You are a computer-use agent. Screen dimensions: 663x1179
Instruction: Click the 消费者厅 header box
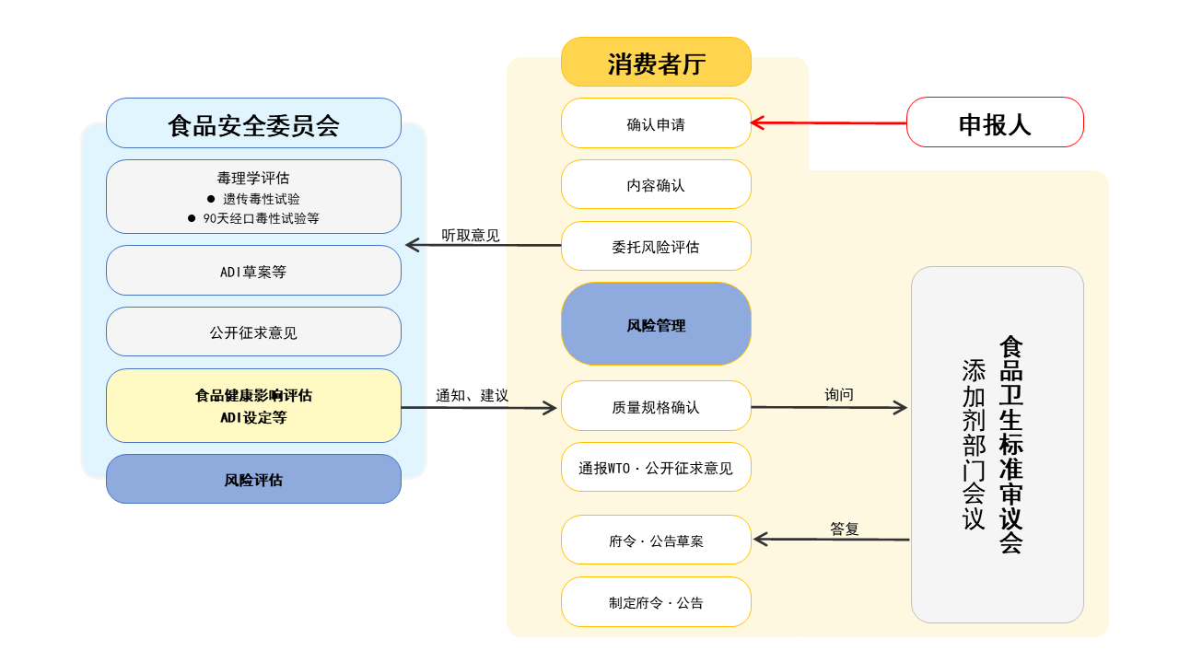pyautogui.click(x=656, y=63)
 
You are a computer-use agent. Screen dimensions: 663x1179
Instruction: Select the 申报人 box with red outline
pyautogui.click(x=995, y=122)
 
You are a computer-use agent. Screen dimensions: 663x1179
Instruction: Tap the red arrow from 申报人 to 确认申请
pyautogui.click(x=829, y=122)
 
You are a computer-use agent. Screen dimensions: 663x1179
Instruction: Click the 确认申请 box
pyautogui.click(x=656, y=123)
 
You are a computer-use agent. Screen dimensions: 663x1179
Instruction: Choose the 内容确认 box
pyautogui.click(x=656, y=185)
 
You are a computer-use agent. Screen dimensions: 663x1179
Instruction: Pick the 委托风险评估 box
pyautogui.click(x=656, y=247)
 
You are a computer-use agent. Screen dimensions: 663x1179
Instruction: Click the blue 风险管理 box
pyautogui.click(x=656, y=324)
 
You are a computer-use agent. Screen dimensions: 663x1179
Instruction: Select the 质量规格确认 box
pyautogui.click(x=656, y=406)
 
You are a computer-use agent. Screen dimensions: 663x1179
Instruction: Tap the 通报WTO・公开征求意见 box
pyautogui.click(x=656, y=468)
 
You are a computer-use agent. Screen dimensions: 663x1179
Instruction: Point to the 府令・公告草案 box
pyautogui.click(x=656, y=541)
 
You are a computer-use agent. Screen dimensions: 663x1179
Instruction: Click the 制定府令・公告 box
pyautogui.click(x=656, y=602)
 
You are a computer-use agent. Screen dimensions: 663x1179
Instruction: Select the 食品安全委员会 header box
pyautogui.click(x=253, y=123)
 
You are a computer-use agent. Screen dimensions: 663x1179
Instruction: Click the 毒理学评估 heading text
pyautogui.click(x=253, y=178)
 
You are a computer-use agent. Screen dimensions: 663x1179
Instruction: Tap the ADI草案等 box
pyautogui.click(x=253, y=271)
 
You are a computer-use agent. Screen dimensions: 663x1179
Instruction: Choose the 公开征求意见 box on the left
pyautogui.click(x=253, y=332)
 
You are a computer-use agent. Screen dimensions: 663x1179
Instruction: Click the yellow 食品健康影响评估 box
pyautogui.click(x=253, y=406)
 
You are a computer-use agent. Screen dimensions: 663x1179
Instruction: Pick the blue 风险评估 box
pyautogui.click(x=253, y=480)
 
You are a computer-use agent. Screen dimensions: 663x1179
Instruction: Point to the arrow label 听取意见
pyautogui.click(x=471, y=235)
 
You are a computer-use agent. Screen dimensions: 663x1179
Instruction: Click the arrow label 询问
pyautogui.click(x=839, y=394)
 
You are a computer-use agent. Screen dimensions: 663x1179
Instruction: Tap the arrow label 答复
pyautogui.click(x=845, y=529)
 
